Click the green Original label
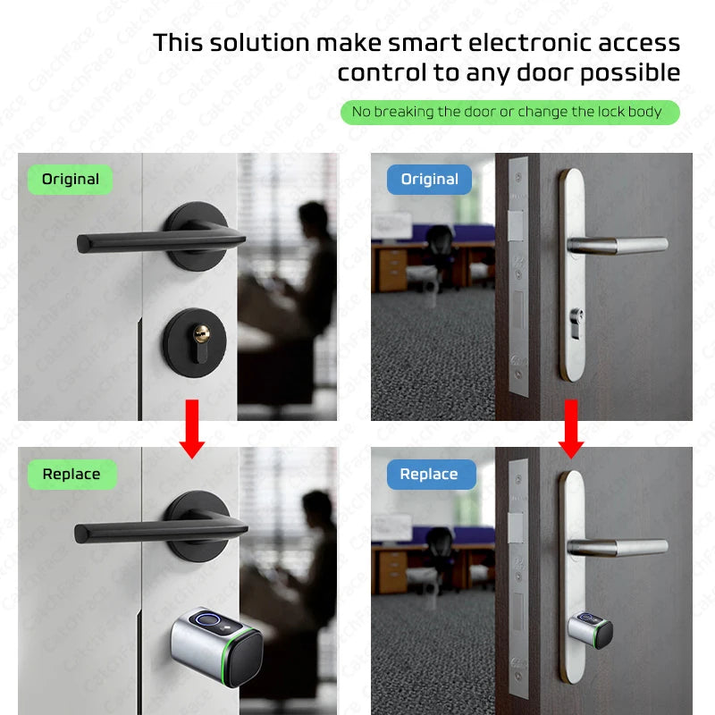[x=71, y=180]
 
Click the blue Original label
[x=429, y=180]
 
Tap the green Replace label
[x=71, y=475]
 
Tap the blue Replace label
[x=429, y=475]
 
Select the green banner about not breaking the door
[x=509, y=112]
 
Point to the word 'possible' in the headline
[x=629, y=72]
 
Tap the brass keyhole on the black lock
[x=201, y=335]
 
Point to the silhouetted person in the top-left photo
[x=308, y=268]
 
